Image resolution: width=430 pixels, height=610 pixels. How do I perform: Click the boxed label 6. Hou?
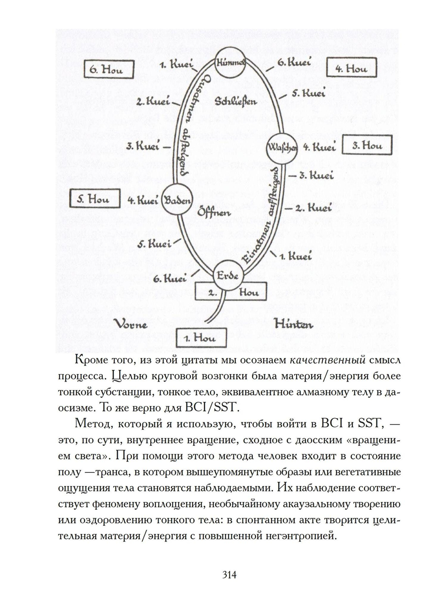tap(109, 70)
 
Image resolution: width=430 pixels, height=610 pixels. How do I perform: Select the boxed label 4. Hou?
tap(351, 68)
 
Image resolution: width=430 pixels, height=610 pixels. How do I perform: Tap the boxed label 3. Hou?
tap(367, 145)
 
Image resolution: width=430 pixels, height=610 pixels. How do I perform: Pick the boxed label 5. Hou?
tap(95, 199)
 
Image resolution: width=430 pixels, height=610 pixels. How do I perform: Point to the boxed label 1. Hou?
tap(201, 338)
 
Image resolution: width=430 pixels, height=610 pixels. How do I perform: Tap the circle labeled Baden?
tap(176, 200)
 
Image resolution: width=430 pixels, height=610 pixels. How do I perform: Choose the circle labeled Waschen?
tap(283, 147)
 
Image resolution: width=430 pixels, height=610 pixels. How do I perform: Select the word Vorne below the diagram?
tap(130, 323)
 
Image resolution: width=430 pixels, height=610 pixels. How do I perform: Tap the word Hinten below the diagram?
tap(294, 323)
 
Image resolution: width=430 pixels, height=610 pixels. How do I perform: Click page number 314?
tap(229, 575)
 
